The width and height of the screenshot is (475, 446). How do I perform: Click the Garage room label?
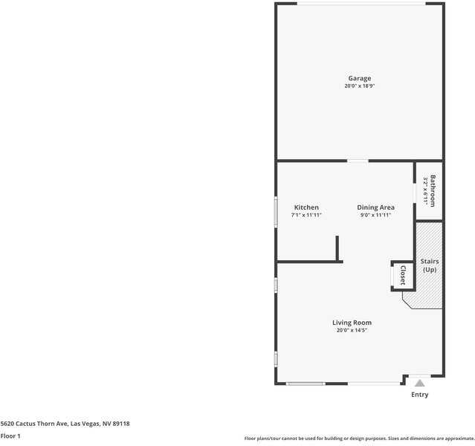(x=360, y=78)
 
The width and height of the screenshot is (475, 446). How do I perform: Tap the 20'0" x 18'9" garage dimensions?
(x=360, y=86)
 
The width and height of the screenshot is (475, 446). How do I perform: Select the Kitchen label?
(x=306, y=207)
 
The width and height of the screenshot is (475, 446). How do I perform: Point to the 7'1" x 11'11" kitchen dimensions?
(x=306, y=216)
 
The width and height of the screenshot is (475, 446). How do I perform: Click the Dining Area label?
(x=375, y=207)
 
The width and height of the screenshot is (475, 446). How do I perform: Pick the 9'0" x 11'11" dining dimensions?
(x=375, y=216)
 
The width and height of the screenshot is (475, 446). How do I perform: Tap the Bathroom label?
(x=432, y=190)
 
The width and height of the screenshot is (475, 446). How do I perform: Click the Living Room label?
(x=352, y=323)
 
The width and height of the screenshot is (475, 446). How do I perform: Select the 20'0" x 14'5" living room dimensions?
(x=352, y=331)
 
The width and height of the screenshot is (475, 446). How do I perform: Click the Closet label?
(x=402, y=275)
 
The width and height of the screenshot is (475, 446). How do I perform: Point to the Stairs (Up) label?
(x=430, y=265)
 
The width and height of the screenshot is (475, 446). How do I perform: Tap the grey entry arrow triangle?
(x=419, y=383)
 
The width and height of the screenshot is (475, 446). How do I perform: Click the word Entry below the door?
(x=419, y=395)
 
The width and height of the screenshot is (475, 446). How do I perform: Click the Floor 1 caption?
(x=10, y=436)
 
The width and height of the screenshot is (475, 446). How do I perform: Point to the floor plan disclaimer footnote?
(x=359, y=439)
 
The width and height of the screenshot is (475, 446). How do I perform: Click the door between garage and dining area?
(x=358, y=161)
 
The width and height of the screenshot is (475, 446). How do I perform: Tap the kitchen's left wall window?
(x=277, y=210)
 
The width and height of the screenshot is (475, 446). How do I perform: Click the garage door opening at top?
(x=361, y=4)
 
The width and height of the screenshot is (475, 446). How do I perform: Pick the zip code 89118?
(x=121, y=424)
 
